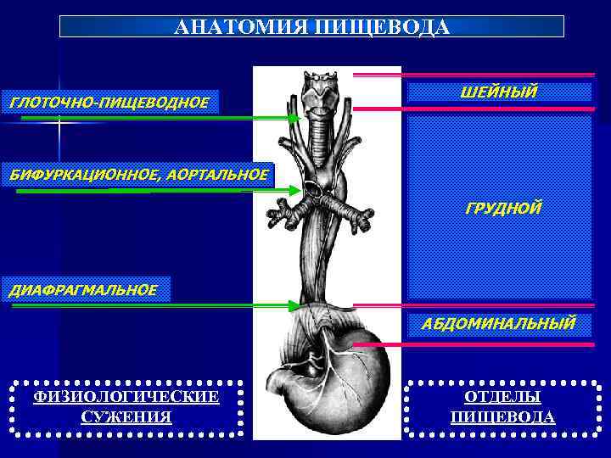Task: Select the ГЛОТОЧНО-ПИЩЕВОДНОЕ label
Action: tap(109, 103)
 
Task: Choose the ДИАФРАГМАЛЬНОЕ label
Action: tap(83, 289)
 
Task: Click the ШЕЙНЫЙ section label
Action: tap(498, 92)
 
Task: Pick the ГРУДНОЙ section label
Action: tap(503, 208)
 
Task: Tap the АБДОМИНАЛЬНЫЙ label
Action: tap(498, 322)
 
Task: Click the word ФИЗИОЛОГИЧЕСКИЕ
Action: tap(126, 397)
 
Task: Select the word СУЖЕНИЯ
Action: tap(126, 416)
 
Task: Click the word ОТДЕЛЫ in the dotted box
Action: tap(502, 397)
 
